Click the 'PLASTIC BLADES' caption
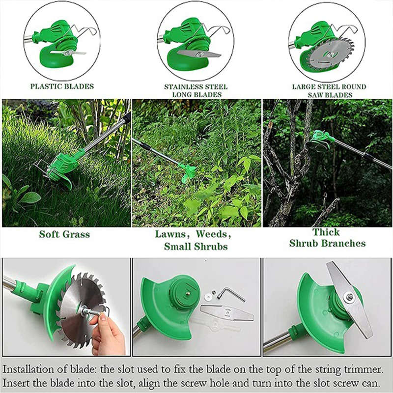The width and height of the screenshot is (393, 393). (62, 86)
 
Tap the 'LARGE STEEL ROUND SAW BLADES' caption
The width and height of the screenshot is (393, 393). (329, 90)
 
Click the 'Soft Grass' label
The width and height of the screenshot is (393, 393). (64, 234)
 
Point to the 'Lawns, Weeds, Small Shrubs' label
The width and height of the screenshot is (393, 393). (196, 240)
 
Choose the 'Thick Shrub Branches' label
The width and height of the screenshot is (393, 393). (327, 238)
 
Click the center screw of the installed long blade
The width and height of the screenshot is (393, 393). (348, 296)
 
